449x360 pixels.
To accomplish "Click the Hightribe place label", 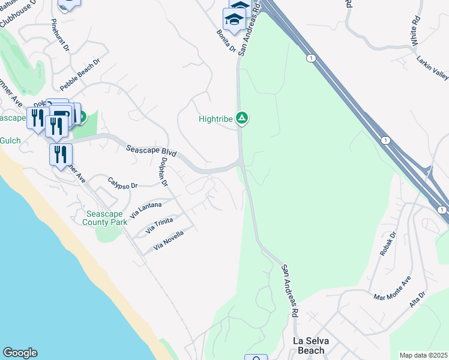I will click(x=215, y=119).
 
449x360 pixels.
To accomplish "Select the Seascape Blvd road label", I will click(x=151, y=150).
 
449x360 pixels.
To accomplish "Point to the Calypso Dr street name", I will click(x=123, y=182).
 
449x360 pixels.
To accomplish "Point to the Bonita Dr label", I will click(x=226, y=38).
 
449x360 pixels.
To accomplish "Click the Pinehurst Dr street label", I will click(x=61, y=34).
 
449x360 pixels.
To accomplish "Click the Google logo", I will click(x=20, y=353).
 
